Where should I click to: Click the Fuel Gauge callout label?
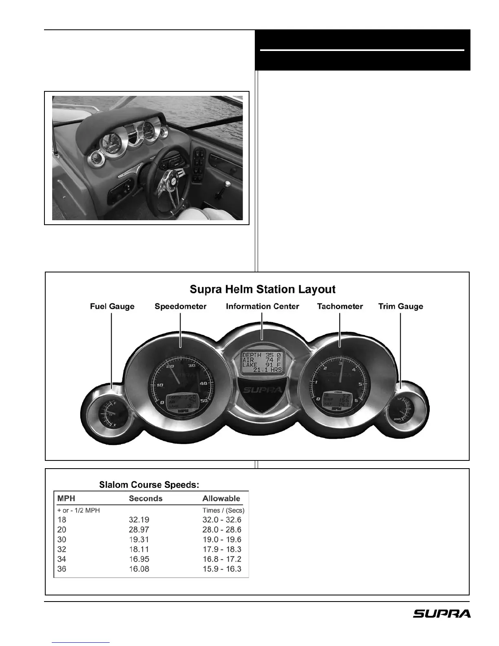click(112, 306)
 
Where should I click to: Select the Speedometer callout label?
click(180, 306)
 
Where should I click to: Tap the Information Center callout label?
click(262, 306)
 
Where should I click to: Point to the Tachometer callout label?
click(340, 306)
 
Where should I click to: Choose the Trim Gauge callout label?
click(400, 306)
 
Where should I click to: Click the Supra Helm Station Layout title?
click(263, 290)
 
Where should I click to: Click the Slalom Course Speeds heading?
click(149, 485)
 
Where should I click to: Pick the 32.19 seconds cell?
click(139, 520)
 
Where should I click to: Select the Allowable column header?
click(221, 498)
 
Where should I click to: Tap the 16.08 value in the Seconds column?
click(139, 569)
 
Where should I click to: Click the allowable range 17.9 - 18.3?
click(222, 549)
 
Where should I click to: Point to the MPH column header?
click(66, 498)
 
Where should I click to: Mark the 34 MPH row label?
click(62, 559)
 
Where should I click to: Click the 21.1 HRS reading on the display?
click(267, 370)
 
